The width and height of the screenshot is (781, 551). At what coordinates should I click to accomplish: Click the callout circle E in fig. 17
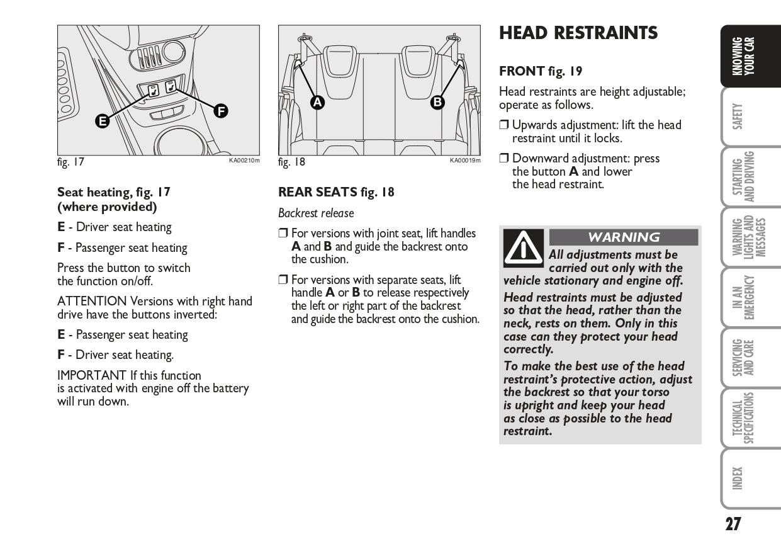tap(102, 122)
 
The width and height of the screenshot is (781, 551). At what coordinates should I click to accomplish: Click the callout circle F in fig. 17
tap(220, 111)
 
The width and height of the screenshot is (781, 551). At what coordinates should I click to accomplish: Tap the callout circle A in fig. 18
tap(317, 102)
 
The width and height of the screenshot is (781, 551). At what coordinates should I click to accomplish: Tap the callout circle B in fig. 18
tap(437, 102)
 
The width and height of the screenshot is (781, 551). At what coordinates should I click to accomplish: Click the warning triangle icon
tap(523, 248)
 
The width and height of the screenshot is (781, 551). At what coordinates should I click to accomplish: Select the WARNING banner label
tap(624, 237)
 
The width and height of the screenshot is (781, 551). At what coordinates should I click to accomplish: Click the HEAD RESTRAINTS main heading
tap(578, 33)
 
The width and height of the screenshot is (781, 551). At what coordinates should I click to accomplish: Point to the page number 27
tap(733, 524)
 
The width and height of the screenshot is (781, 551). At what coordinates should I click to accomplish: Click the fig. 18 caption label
tap(291, 162)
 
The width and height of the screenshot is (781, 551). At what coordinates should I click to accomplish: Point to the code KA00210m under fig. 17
tap(244, 161)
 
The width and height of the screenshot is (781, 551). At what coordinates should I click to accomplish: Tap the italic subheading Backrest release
tap(316, 213)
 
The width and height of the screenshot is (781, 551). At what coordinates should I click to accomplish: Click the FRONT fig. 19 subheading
tap(541, 72)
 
